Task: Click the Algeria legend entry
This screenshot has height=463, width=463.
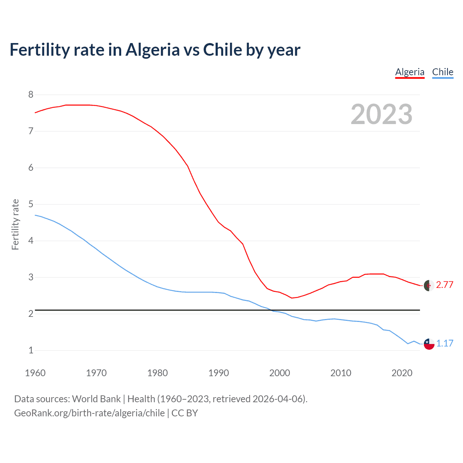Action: [409, 72]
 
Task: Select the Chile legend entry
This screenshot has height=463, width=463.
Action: [442, 72]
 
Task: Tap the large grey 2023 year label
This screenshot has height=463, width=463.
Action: [381, 114]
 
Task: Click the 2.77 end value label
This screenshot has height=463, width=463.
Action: [445, 285]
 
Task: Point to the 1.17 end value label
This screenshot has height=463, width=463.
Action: [445, 343]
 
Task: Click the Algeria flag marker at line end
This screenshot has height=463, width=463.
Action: [429, 285]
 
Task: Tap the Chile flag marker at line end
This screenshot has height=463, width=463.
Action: [429, 344]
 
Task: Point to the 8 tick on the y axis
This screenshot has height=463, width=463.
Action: [31, 95]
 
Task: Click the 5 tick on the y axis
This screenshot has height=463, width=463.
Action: [31, 204]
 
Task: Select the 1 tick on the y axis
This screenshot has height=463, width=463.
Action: [31, 350]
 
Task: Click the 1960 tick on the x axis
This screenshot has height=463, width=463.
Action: [35, 373]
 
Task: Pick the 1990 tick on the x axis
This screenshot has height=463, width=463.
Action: [218, 373]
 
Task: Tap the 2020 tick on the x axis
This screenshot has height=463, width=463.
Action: [402, 373]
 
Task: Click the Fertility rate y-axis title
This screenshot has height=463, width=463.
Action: [15, 224]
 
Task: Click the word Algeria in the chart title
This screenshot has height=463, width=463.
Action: [152, 50]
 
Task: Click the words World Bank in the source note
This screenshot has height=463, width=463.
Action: [96, 399]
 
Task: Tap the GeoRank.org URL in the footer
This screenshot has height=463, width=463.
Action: [89, 413]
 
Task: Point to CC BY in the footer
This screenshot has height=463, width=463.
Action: [184, 413]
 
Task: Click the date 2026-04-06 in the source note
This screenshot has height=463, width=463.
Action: [279, 399]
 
